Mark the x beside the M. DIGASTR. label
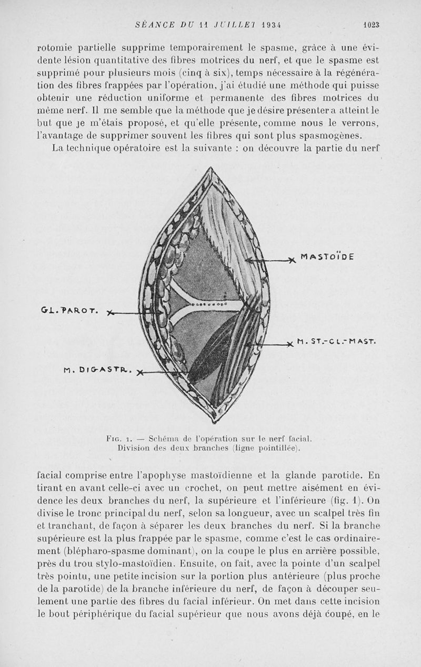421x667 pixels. pyautogui.click(x=139, y=374)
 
